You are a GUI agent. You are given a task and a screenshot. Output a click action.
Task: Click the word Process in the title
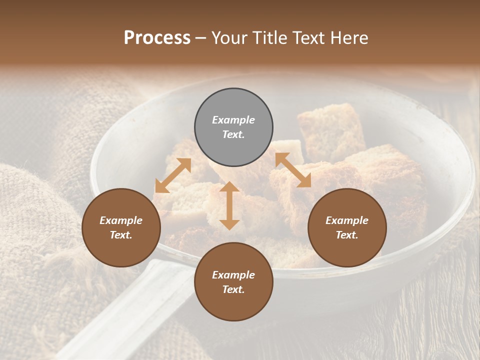click(157, 38)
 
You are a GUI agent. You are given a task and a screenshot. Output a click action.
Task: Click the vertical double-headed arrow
click(229, 205)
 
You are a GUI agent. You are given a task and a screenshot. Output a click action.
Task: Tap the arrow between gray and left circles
click(173, 175)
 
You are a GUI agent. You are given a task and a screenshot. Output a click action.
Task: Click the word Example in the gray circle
click(233, 120)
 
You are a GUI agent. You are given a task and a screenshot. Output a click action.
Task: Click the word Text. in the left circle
click(121, 235)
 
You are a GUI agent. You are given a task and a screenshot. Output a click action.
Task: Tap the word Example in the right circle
click(347, 220)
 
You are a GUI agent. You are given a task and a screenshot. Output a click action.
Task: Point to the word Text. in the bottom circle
click(233, 289)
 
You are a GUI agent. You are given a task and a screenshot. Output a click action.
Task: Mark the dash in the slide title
click(201, 38)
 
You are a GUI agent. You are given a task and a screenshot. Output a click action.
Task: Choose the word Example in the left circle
click(121, 220)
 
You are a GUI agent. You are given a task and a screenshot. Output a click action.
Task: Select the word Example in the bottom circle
click(233, 275)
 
